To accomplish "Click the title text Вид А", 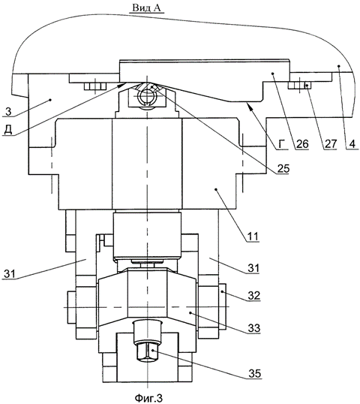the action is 146,8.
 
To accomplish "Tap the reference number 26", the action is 302,143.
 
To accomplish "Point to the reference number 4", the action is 352,143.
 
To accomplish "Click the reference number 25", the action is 283,168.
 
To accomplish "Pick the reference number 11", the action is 253,237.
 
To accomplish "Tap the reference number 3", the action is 8,112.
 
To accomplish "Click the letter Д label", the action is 8,130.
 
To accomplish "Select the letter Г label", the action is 283,144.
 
